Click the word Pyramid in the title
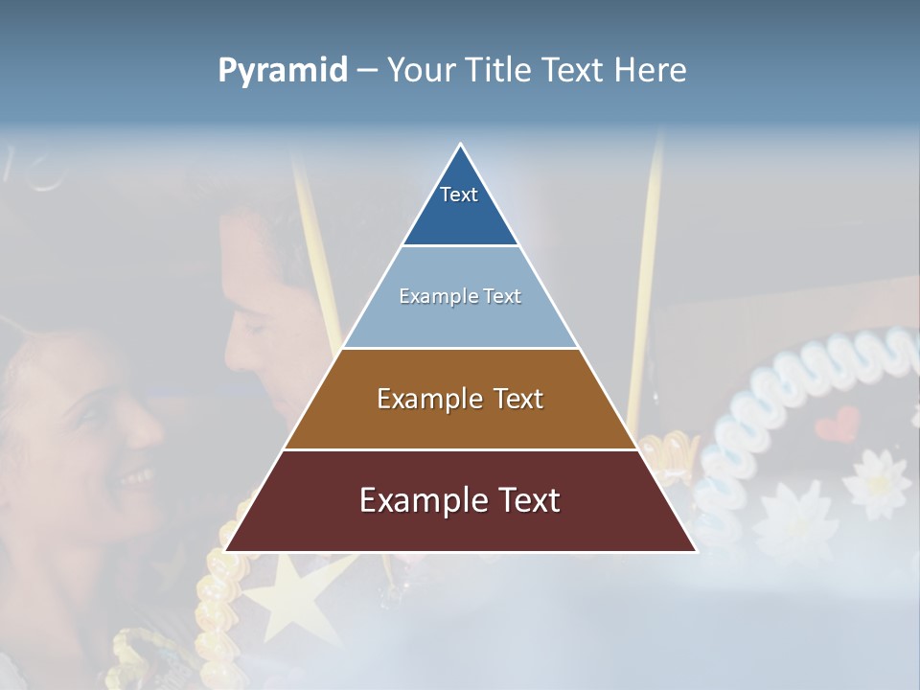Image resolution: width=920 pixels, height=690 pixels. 283,71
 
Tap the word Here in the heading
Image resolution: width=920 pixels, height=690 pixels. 650,70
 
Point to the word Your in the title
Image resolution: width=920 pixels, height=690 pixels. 423,70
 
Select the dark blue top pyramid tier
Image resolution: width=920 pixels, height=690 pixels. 461,216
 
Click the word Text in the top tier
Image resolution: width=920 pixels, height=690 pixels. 459,195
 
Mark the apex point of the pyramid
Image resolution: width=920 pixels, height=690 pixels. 461,145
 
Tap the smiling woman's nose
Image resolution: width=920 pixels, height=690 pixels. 144,426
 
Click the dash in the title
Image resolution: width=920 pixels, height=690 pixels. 366,70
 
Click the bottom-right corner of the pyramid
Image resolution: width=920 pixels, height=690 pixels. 696,551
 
